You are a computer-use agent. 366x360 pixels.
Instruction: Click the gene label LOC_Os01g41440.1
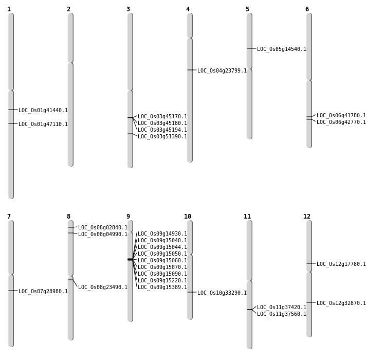pyautogui.click(x=43, y=110)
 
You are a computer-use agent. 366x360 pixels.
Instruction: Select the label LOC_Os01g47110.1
pyautogui.click(x=43, y=124)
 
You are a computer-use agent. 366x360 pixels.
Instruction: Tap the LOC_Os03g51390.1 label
pyautogui.click(x=162, y=136)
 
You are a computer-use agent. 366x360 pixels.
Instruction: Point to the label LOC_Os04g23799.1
pyautogui.click(x=222, y=70)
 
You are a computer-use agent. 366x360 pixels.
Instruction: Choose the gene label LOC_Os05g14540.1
pyautogui.click(x=282, y=49)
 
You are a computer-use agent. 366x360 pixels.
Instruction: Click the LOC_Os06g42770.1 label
pyautogui.click(x=341, y=122)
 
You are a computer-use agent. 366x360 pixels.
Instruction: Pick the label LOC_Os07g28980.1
pyautogui.click(x=43, y=291)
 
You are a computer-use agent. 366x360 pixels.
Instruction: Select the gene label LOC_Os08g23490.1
pyautogui.click(x=103, y=287)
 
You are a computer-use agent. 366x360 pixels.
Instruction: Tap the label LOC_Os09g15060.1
pyautogui.click(x=162, y=260)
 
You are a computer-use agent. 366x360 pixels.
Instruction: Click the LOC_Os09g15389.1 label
pyautogui.click(x=162, y=287)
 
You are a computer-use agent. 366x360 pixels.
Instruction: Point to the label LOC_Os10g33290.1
pyautogui.click(x=222, y=293)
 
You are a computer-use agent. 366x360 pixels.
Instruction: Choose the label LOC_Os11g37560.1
pyautogui.click(x=282, y=314)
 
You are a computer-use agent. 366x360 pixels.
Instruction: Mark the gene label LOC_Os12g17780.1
pyautogui.click(x=341, y=264)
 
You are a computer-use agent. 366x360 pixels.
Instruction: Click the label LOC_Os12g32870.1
pyautogui.click(x=341, y=303)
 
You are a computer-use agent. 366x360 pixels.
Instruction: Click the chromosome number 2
pyautogui.click(x=68, y=9)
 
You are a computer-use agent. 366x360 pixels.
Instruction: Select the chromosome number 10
pyautogui.click(x=188, y=217)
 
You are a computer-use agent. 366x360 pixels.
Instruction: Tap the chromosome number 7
pyautogui.click(x=9, y=217)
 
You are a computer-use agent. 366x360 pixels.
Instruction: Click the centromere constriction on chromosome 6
pyautogui.click(x=309, y=80)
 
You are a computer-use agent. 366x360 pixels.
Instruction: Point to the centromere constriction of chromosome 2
pyautogui.click(x=70, y=62)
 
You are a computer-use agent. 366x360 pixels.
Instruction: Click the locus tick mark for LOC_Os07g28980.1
pyautogui.click(x=11, y=291)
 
